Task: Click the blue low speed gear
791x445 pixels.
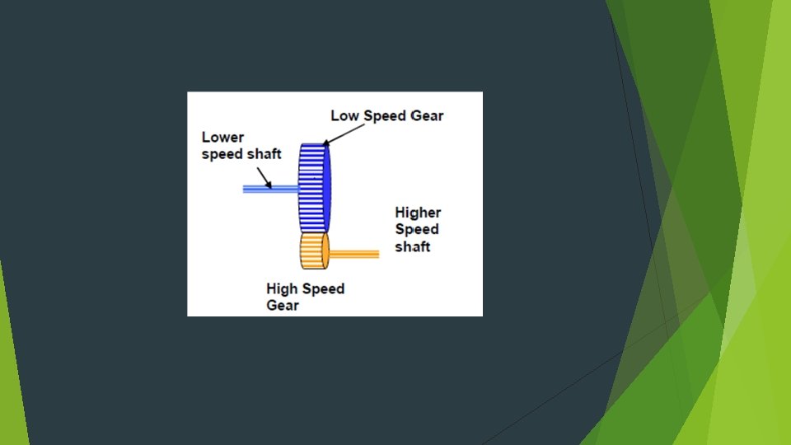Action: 311,188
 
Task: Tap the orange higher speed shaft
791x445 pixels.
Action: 354,254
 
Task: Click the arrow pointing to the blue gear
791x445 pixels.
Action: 331,135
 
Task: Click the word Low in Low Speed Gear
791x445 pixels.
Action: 345,115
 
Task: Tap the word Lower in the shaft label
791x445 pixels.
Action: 222,138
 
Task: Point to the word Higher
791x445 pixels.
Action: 418,213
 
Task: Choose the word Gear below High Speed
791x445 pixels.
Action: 282,306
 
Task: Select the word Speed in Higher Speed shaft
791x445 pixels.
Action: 416,229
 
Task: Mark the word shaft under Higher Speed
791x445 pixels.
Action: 413,246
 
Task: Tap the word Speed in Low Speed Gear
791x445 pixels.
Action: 383,115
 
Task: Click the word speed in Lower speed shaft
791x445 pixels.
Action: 221,154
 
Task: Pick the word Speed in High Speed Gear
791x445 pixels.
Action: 324,289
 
